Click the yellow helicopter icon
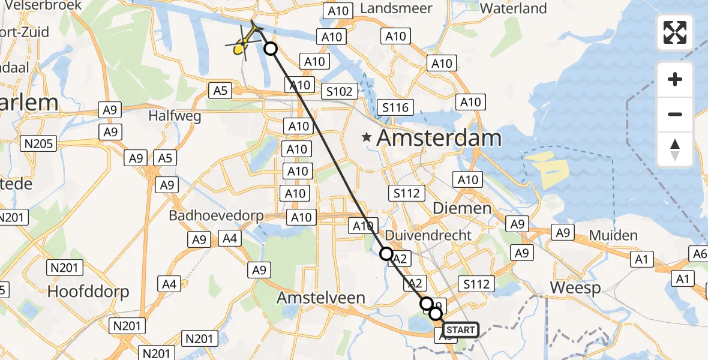click(x=243, y=45)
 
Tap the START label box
click(x=461, y=329)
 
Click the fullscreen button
click(x=675, y=32)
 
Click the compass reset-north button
click(x=675, y=149)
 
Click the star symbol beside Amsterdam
click(x=367, y=138)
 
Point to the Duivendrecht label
click(x=428, y=235)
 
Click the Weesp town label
click(x=575, y=288)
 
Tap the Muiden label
click(x=613, y=235)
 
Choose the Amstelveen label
click(x=321, y=298)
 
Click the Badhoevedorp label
click(x=216, y=216)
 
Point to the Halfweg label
click(x=175, y=116)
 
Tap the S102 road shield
click(x=340, y=91)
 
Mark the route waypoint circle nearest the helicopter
click(x=271, y=49)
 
